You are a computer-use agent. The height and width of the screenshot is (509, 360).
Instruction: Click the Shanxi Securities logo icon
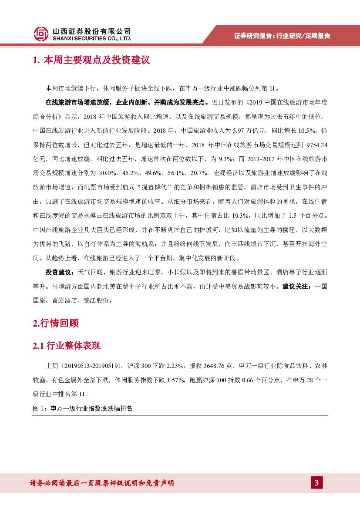coord(41,34)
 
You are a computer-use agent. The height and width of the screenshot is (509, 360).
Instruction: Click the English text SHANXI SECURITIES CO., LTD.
coord(91,38)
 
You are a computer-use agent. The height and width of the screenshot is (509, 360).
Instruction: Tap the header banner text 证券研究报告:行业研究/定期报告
coord(282,36)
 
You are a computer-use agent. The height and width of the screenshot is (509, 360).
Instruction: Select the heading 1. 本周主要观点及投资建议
coord(91,60)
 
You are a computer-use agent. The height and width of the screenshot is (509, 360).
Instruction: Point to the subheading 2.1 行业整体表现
coord(67,346)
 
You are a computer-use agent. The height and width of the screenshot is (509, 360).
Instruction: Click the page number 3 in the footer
coord(316,483)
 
